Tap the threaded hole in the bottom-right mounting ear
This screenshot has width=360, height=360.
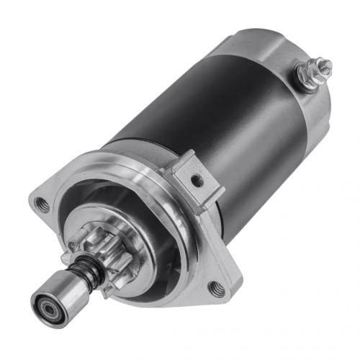point(215,289)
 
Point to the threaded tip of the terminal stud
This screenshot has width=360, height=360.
point(326,66)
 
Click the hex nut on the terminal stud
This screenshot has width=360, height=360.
point(315,73)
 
